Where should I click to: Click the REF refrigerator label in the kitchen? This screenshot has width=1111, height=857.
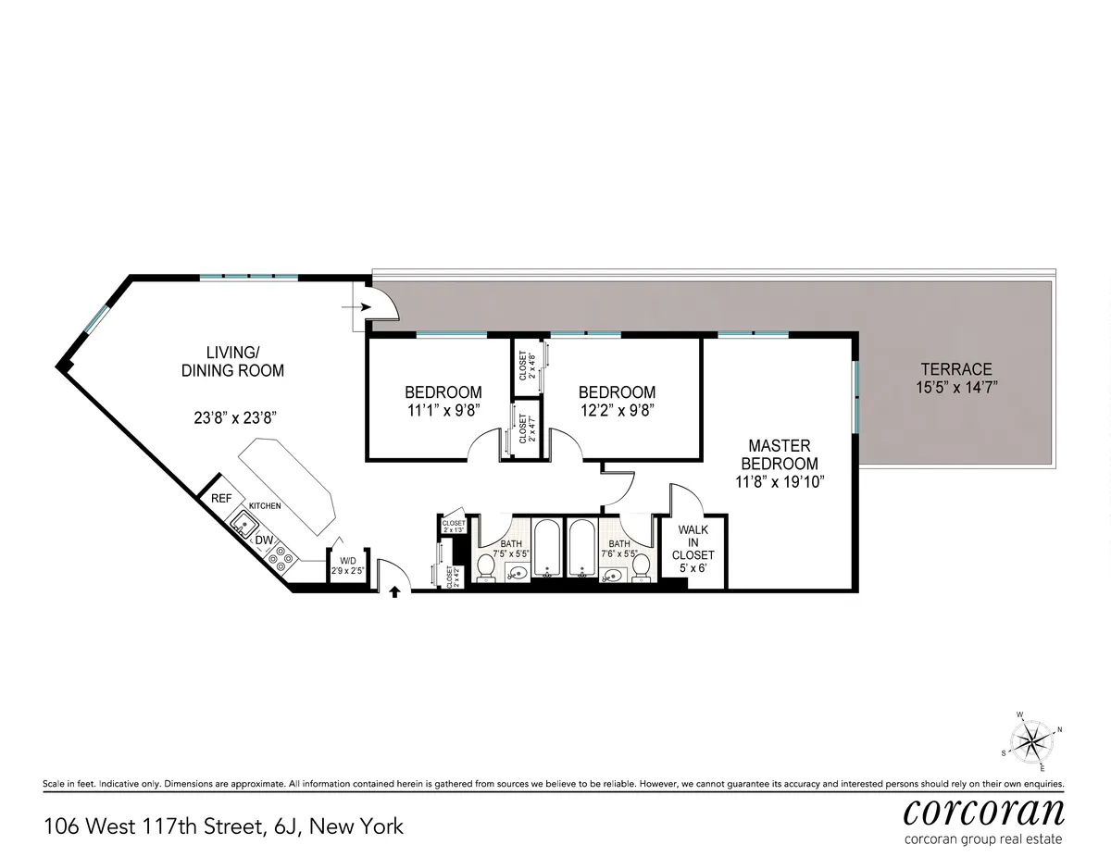tap(221, 498)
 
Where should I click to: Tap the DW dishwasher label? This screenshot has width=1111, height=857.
tap(264, 540)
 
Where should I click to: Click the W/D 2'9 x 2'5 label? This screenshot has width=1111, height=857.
tap(348, 565)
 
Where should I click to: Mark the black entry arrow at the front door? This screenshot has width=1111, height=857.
tap(394, 591)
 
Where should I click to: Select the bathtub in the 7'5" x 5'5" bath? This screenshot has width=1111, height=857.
tap(547, 550)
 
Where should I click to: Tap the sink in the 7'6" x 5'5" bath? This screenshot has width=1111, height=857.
tap(611, 575)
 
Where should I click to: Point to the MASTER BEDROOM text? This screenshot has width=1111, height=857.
tap(783, 454)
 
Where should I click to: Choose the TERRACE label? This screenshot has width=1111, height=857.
tap(956, 368)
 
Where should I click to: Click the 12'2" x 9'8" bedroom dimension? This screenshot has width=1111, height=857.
tap(617, 410)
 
